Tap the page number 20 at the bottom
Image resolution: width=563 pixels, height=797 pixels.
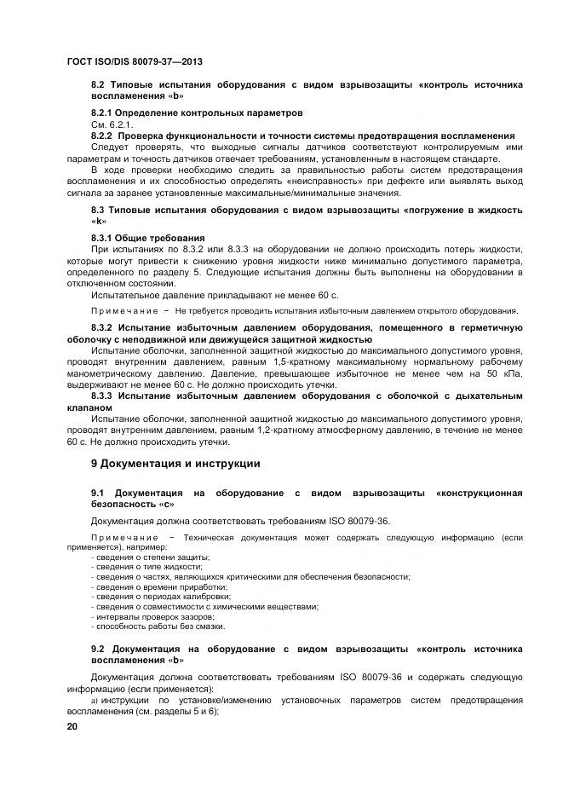click(72, 725)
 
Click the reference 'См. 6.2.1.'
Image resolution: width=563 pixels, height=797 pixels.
click(109, 124)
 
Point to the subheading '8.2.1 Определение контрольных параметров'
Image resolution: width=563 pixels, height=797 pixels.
click(197, 113)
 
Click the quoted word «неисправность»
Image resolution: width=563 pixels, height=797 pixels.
click(320, 181)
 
